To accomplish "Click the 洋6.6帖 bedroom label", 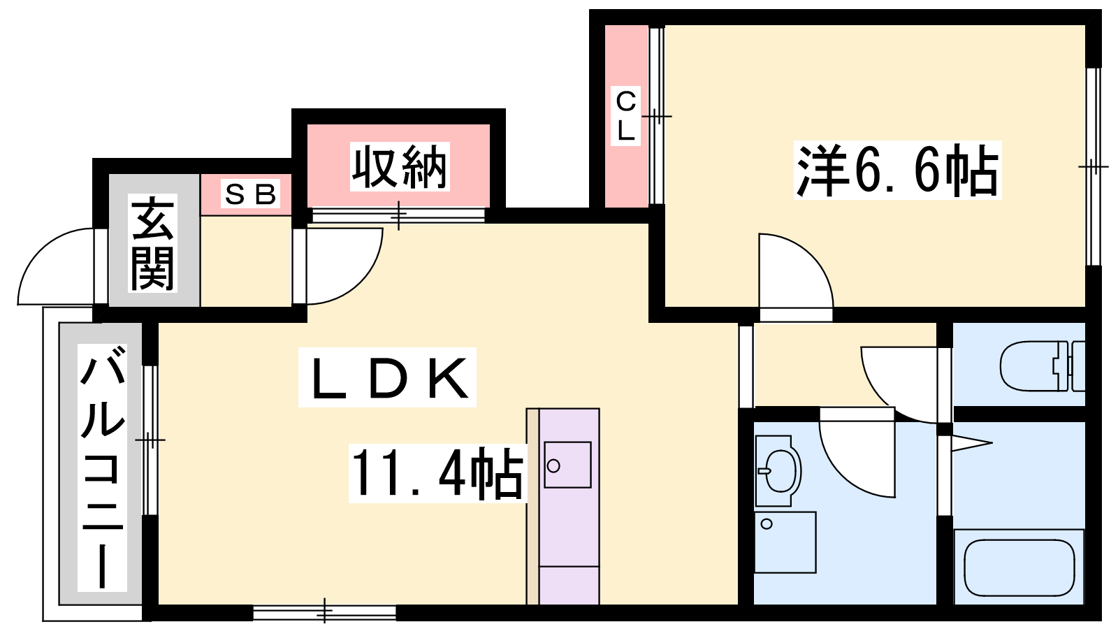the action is click(x=897, y=171).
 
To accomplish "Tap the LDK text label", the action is click(x=387, y=377).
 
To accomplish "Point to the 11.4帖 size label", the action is click(x=437, y=472).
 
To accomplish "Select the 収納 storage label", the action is click(x=399, y=167).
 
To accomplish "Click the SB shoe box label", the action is click(x=250, y=195).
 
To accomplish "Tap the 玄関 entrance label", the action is click(x=152, y=243).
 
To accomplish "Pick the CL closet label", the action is click(x=626, y=116).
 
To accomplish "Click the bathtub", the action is click(x=1018, y=568).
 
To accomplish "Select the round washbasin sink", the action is click(x=778, y=471).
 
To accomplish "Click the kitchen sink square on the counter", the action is click(x=567, y=465).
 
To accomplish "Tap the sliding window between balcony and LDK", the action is click(x=150, y=440).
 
